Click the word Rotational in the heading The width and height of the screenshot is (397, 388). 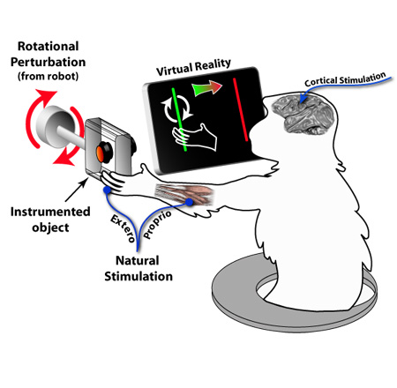tap(49, 47)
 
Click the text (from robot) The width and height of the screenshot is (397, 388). tap(49, 76)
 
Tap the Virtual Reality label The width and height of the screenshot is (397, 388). tap(193, 67)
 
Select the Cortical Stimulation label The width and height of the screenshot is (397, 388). tap(345, 79)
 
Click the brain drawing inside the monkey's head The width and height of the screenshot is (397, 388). tap(303, 116)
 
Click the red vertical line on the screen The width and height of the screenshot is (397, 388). tap(241, 109)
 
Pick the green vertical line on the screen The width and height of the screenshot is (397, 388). tap(179, 119)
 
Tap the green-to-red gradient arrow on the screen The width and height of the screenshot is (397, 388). tap(206, 88)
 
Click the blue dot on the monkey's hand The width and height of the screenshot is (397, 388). tap(107, 190)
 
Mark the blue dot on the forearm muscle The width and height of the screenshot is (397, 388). tap(189, 202)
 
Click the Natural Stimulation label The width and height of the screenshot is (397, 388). tap(139, 268)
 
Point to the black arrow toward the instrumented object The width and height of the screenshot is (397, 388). tap(76, 190)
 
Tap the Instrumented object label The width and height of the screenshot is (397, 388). tap(50, 220)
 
